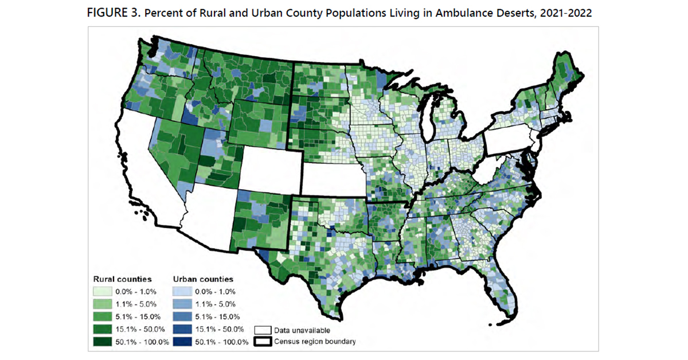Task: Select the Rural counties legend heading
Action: (x=122, y=279)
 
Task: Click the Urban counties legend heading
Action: (x=203, y=279)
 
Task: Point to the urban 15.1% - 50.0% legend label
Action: (x=221, y=330)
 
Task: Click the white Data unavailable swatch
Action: (x=263, y=330)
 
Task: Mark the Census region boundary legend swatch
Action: (x=263, y=342)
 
